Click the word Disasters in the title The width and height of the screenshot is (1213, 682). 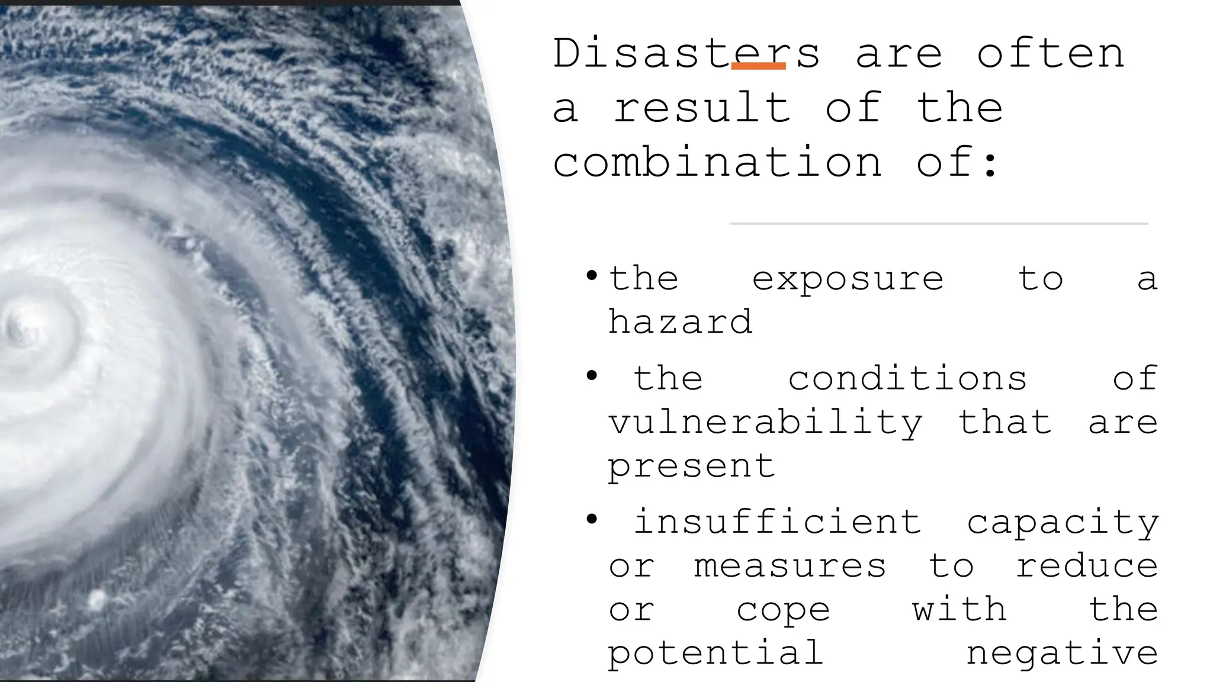(x=686, y=53)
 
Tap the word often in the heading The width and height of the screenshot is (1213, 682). (x=1050, y=53)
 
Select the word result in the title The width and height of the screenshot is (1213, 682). (x=702, y=108)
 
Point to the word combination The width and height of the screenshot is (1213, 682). (x=717, y=162)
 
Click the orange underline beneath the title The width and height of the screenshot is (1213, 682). (x=758, y=66)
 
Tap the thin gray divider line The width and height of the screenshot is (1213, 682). (x=939, y=224)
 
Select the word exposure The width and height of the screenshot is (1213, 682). (x=848, y=279)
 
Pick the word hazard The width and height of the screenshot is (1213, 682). (x=680, y=322)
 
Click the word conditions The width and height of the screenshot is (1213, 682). (x=907, y=378)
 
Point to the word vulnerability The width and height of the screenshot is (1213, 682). (x=765, y=423)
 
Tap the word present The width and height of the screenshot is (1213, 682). (x=691, y=467)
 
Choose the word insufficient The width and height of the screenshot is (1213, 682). (x=777, y=522)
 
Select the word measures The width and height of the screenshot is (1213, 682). (x=790, y=566)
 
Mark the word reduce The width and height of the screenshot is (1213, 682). (x=1087, y=566)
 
